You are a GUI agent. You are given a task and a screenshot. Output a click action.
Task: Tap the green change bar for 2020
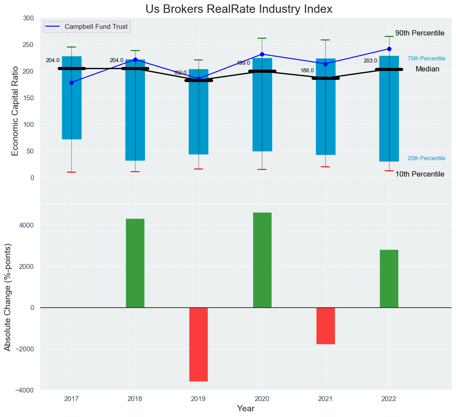[x=262, y=260]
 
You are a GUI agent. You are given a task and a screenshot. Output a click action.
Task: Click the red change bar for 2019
[x=199, y=344]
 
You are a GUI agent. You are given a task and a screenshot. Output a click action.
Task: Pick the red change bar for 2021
[x=326, y=326]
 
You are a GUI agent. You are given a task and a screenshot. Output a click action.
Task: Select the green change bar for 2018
[x=135, y=263]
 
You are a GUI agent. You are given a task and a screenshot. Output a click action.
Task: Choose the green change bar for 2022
[x=389, y=279]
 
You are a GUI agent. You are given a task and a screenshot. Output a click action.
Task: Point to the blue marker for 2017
[x=71, y=83]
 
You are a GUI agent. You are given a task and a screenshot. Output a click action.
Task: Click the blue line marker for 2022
[x=389, y=49]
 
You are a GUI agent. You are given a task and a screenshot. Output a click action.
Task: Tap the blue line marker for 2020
[x=262, y=54]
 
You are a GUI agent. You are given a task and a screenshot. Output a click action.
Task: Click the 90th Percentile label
[x=420, y=33]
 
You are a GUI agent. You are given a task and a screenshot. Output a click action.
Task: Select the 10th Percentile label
[x=420, y=174]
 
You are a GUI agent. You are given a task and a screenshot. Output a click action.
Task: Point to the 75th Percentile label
[x=426, y=59]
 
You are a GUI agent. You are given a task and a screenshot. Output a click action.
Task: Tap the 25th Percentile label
[x=426, y=158]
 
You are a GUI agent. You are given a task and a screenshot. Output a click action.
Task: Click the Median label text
[x=427, y=69]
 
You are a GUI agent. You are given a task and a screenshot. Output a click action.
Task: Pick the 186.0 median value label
[x=307, y=71]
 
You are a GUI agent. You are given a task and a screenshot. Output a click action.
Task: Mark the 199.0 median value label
[x=243, y=63]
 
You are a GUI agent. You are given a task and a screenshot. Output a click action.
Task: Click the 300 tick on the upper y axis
[x=28, y=18]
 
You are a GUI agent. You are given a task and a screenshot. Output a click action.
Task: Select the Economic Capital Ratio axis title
[x=15, y=110]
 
